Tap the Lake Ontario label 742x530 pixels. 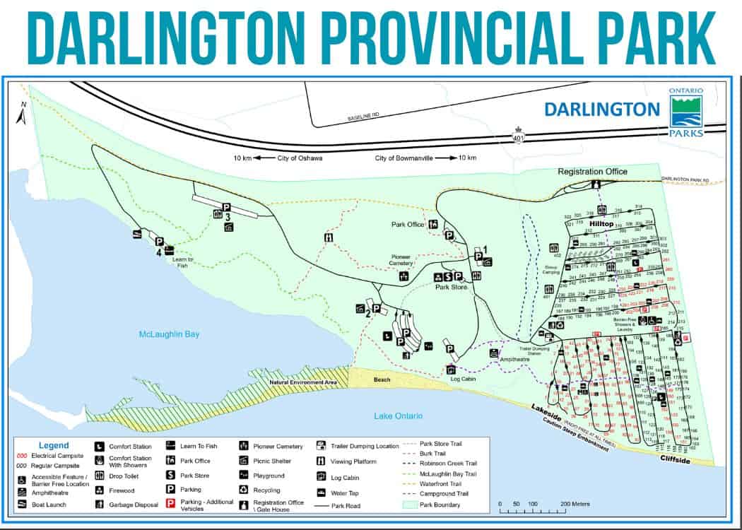398,416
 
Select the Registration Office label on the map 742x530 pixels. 592,172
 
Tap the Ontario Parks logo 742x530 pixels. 686,113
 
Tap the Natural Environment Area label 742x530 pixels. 302,383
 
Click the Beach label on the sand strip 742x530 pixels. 382,380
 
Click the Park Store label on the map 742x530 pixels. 452,288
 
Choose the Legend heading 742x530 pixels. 54,446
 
